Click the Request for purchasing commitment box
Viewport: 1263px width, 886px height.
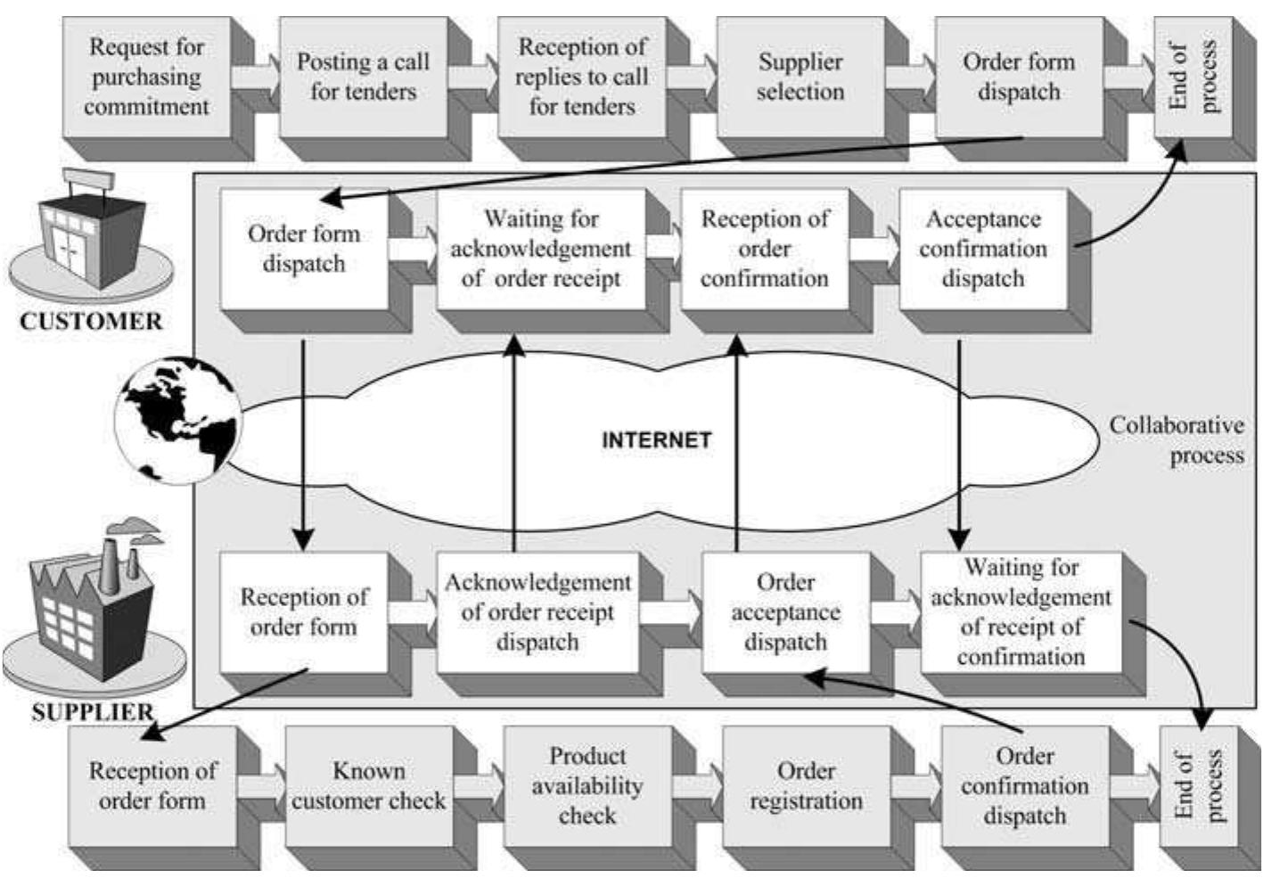point(146,77)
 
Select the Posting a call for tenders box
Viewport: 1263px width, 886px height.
point(363,77)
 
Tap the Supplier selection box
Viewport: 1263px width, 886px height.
point(800,77)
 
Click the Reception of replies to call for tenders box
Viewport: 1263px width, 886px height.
point(581,77)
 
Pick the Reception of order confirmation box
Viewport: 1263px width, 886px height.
point(764,249)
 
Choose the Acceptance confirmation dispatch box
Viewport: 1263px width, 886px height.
point(982,249)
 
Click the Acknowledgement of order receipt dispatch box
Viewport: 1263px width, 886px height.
point(537,611)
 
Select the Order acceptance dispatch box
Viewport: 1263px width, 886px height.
point(784,611)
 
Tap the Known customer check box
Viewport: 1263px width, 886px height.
point(368,786)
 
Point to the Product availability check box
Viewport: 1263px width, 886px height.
point(586,786)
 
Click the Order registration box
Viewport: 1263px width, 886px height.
point(806,786)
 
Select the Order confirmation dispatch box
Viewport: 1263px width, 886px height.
point(1024,786)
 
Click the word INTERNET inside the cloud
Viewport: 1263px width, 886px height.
point(656,440)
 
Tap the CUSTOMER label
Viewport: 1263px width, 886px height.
point(91,322)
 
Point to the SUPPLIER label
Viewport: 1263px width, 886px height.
point(92,712)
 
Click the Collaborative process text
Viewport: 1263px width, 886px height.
point(1177,440)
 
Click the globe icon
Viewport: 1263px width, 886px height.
point(181,419)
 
